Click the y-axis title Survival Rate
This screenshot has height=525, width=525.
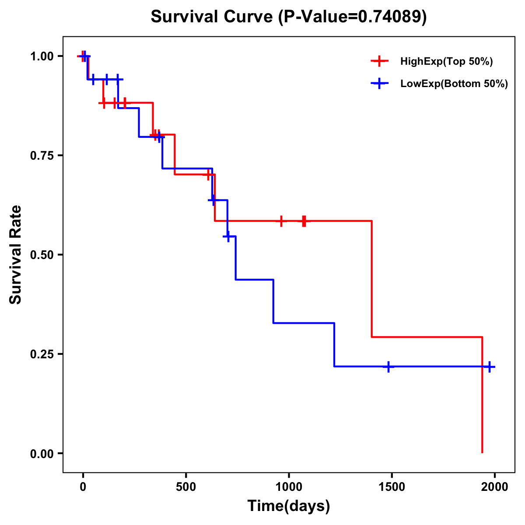(16, 254)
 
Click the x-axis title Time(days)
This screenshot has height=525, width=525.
(289, 506)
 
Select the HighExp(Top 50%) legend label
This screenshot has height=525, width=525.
(446, 62)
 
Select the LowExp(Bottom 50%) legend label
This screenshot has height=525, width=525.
(454, 84)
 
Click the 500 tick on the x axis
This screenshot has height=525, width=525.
(186, 486)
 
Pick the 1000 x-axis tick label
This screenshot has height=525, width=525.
(289, 486)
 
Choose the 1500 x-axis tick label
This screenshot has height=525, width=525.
(392, 486)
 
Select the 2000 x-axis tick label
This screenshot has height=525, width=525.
(494, 486)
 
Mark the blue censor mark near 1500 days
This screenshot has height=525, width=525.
(388, 367)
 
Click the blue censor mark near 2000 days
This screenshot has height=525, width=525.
(490, 367)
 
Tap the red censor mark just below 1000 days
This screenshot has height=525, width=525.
(281, 221)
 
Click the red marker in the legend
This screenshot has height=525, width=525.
(379, 62)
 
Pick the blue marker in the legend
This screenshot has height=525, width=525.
(379, 84)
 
